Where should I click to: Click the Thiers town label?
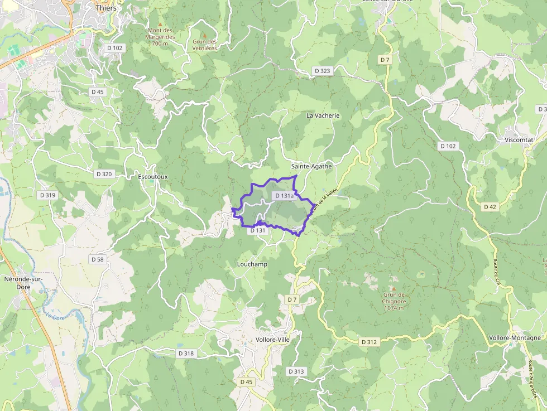click(x=106, y=8)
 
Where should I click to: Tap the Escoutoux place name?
click(x=152, y=177)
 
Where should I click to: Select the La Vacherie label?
click(x=323, y=115)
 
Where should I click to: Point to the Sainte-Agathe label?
click(x=311, y=166)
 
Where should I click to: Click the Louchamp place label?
click(x=252, y=264)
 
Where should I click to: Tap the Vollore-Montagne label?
click(x=515, y=337)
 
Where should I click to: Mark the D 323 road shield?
click(x=323, y=71)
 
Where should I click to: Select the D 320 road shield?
click(x=104, y=174)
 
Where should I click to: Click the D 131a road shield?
click(x=284, y=196)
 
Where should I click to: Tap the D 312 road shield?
click(x=370, y=341)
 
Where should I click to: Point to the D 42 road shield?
click(x=490, y=207)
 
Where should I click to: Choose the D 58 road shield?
click(x=97, y=259)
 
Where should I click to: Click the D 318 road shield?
click(x=186, y=354)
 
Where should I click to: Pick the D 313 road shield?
click(x=296, y=371)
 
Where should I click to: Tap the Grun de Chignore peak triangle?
click(x=393, y=288)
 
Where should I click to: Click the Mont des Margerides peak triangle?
click(x=160, y=24)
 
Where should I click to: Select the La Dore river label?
click(x=54, y=316)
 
